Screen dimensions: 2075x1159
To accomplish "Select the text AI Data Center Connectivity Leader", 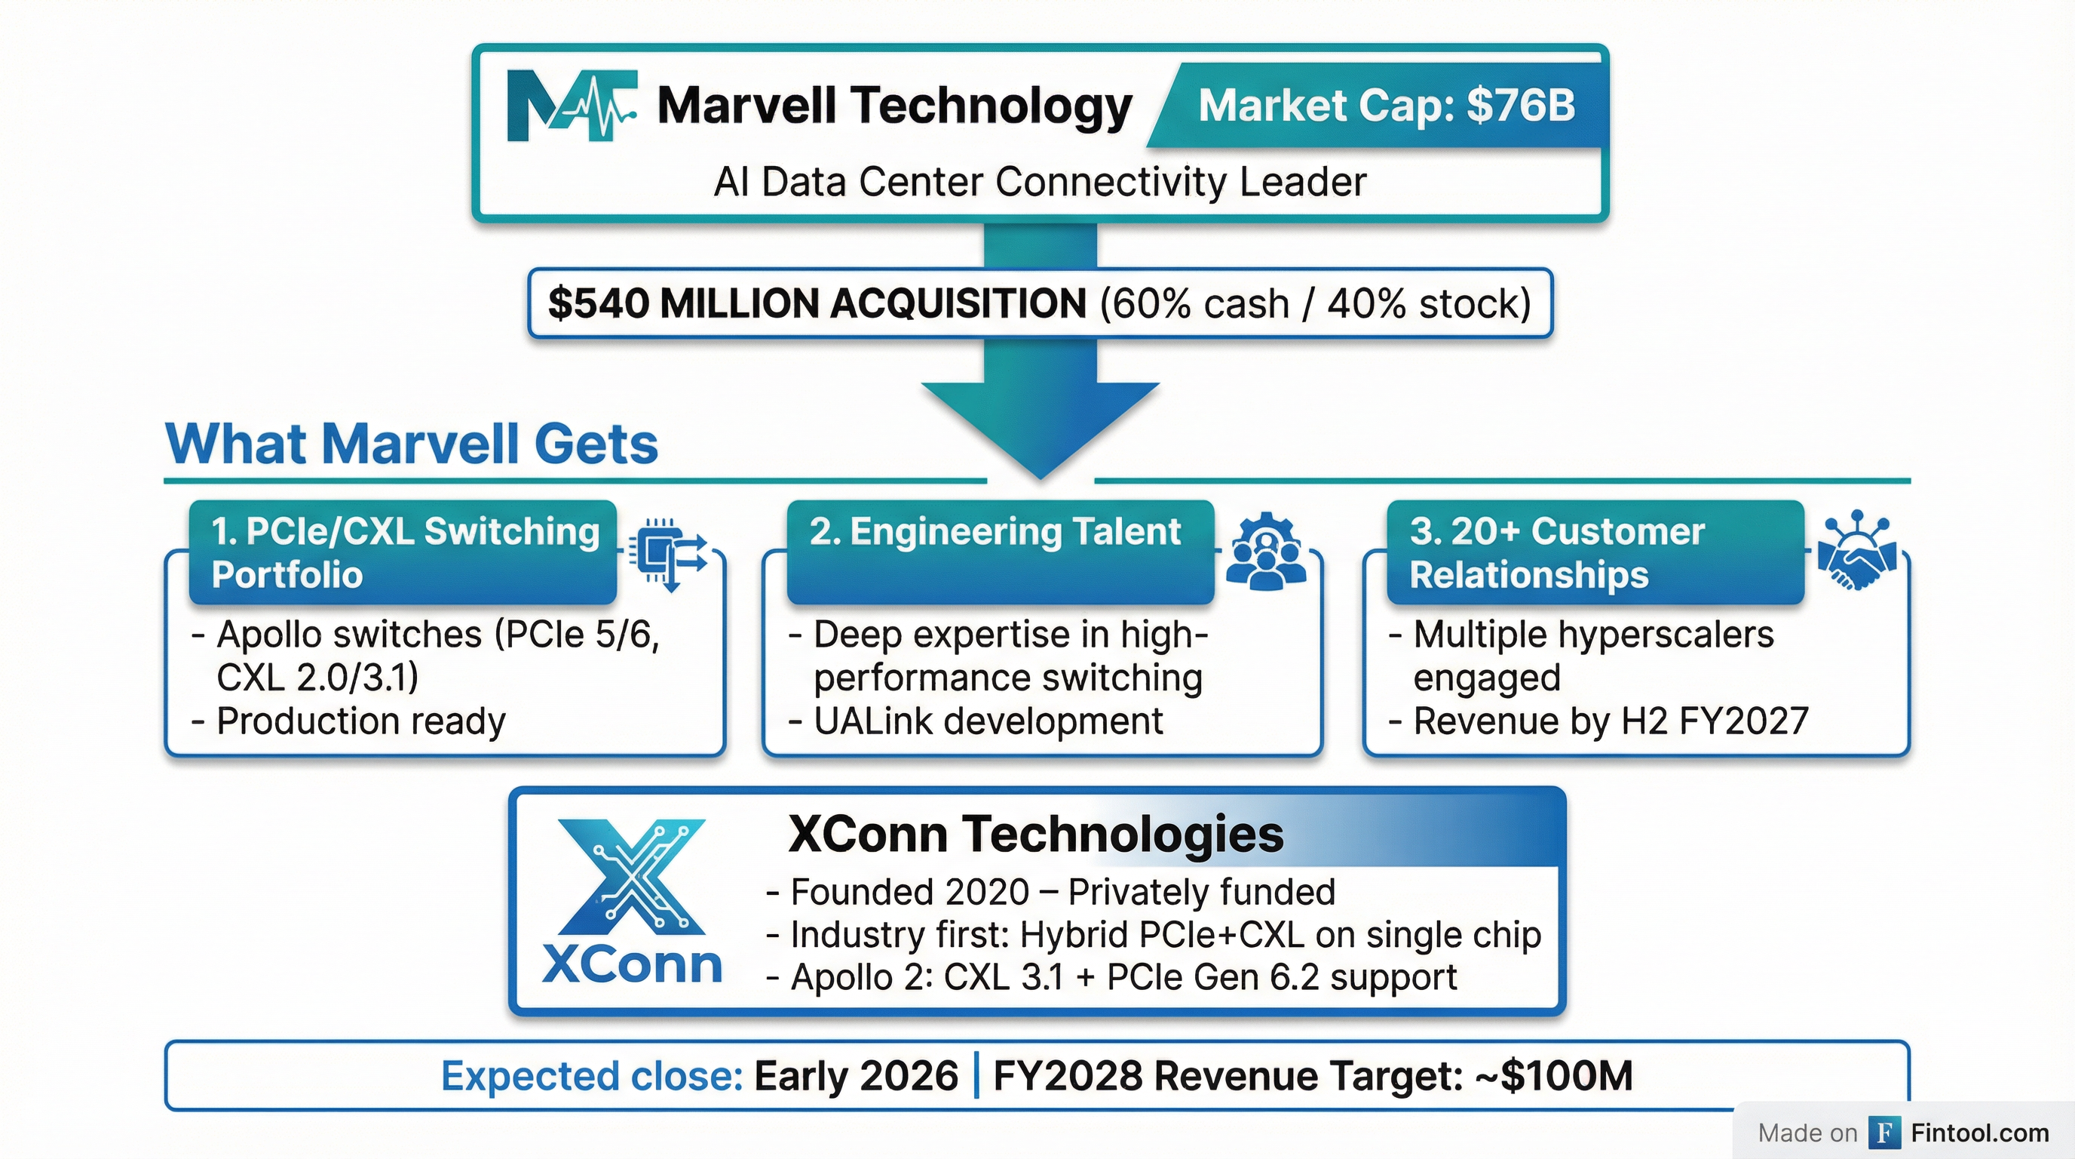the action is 1040,181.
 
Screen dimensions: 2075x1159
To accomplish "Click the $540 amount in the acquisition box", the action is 599,304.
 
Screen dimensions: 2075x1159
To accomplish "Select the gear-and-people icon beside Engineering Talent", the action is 1265,551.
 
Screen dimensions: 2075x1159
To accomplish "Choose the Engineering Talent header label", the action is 995,532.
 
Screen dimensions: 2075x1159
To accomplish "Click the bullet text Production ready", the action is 361,721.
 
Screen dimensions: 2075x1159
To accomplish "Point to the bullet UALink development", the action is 988,721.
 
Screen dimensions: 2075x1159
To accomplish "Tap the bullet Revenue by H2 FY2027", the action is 1611,721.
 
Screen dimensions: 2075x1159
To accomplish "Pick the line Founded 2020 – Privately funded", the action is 1062,892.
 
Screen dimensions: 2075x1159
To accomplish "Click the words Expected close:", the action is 592,1076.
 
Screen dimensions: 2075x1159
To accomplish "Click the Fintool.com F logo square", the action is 1884,1133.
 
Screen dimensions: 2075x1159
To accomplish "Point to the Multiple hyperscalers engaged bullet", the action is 1593,655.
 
